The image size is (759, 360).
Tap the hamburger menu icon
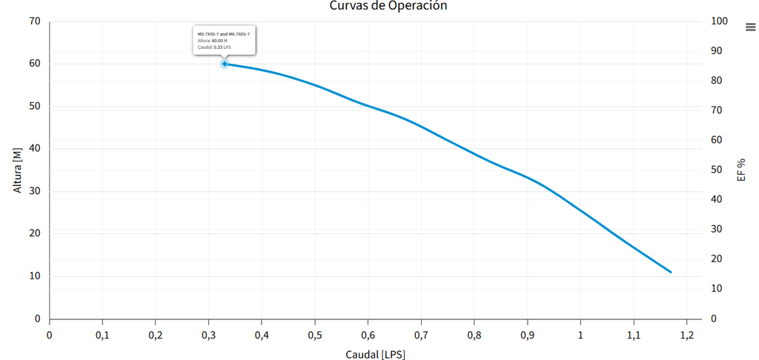click(750, 27)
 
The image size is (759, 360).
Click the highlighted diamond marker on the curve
click(225, 64)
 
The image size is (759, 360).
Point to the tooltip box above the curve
click(225, 40)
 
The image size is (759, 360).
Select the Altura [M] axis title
click(19, 170)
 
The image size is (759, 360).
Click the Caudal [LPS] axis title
click(375, 354)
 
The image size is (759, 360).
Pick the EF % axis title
click(741, 170)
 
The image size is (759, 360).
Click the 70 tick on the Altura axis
click(35, 21)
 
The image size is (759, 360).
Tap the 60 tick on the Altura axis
click(35, 64)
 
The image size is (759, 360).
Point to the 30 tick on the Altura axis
click(35, 191)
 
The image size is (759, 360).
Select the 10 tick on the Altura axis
click(35, 276)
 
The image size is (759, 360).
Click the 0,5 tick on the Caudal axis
click(315, 334)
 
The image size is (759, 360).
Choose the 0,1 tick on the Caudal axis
click(102, 334)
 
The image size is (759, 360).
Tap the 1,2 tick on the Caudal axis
click(686, 334)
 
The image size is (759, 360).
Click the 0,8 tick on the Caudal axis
click(474, 334)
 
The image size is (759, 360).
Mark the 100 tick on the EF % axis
click(720, 21)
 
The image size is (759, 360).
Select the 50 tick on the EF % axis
click(717, 170)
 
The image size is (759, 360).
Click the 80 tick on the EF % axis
click(717, 81)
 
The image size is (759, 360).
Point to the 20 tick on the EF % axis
click(717, 259)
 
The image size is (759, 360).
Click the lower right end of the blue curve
click(671, 272)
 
